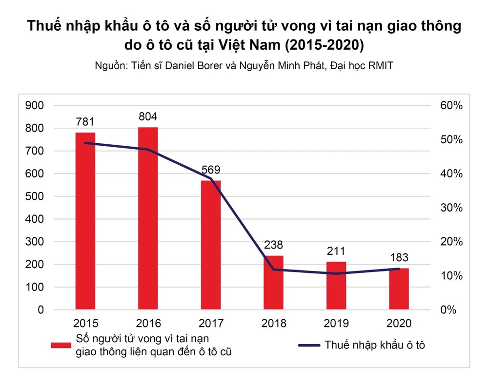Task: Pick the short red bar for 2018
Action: pyautogui.click(x=273, y=283)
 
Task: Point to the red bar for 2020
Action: pyautogui.click(x=399, y=289)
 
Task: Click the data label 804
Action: pyautogui.click(x=148, y=117)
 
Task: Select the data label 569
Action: pyautogui.click(x=211, y=170)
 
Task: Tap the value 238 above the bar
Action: pyautogui.click(x=273, y=245)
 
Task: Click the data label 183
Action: pyautogui.click(x=399, y=258)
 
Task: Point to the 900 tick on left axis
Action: pyautogui.click(x=35, y=105)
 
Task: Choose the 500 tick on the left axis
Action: pyautogui.click(x=35, y=196)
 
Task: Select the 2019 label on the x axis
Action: pyautogui.click(x=336, y=323)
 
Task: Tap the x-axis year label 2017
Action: pyautogui.click(x=211, y=323)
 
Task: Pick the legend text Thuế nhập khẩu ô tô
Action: pyautogui.click(x=375, y=345)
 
